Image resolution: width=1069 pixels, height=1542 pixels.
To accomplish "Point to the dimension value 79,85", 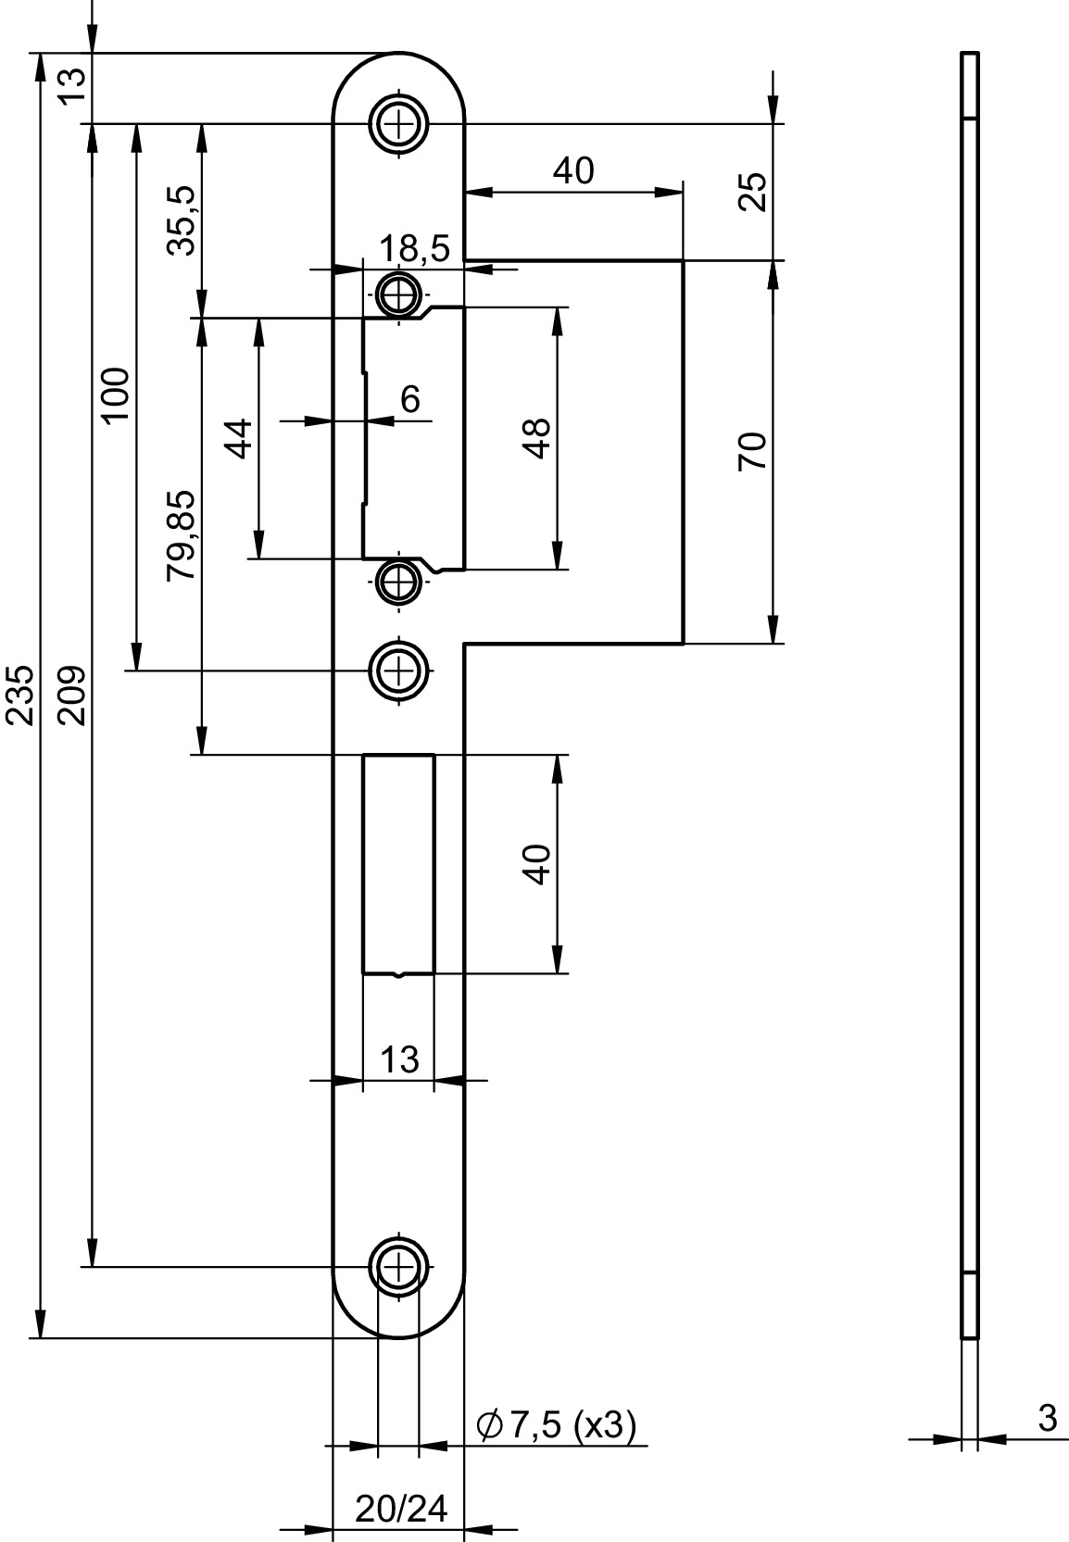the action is pos(182,535).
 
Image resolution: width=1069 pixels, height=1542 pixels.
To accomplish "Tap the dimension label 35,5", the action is pos(182,221).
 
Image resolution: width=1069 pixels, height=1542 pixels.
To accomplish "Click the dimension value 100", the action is pos(114,395).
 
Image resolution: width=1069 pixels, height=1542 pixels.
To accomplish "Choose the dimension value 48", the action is pos(537,438).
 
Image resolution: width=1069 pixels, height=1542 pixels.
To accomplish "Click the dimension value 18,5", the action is pos(414,248).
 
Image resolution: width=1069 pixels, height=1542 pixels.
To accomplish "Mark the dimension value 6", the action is pos(410,398).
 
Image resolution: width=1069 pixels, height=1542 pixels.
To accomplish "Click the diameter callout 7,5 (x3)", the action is pos(556,1424).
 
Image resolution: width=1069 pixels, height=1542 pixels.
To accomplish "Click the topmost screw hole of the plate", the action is pos(398,124).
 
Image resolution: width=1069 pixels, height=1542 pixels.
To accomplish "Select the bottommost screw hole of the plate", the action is pos(398,1265).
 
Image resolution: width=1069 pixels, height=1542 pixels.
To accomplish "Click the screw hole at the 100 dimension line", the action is pos(398,669).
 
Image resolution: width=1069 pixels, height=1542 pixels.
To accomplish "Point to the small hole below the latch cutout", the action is pos(397,583).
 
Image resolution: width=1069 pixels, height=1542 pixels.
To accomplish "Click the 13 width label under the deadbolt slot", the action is pos(399,1059).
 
